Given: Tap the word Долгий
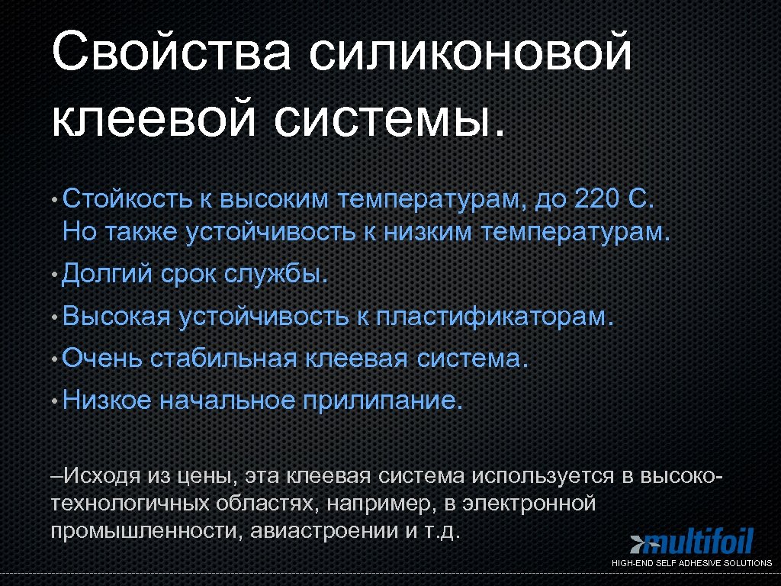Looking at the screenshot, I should click(108, 273).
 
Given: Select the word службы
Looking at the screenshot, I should click(276, 273).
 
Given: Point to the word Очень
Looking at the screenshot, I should click(102, 357).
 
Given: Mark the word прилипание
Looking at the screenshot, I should click(383, 399).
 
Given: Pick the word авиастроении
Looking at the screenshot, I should click(320, 530).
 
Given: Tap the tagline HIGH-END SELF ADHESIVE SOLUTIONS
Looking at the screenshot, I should click(692, 563).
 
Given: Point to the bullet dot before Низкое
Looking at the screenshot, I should click(56, 401).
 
